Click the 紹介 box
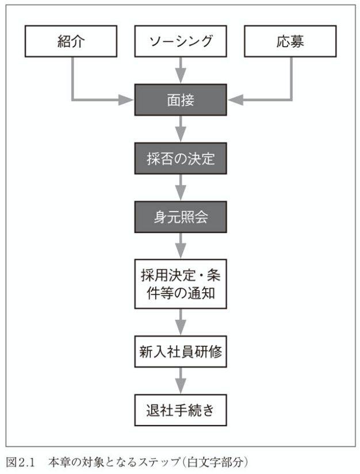pos(71,41)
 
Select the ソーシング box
pos(181,41)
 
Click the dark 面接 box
pos(181,100)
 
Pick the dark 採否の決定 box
pos(181,158)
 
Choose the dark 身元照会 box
pos(181,217)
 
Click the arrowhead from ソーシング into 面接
pos(181,78)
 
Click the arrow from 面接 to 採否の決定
pos(181,130)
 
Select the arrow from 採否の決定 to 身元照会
pos(181,189)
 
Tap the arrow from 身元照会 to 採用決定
pos(181,246)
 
